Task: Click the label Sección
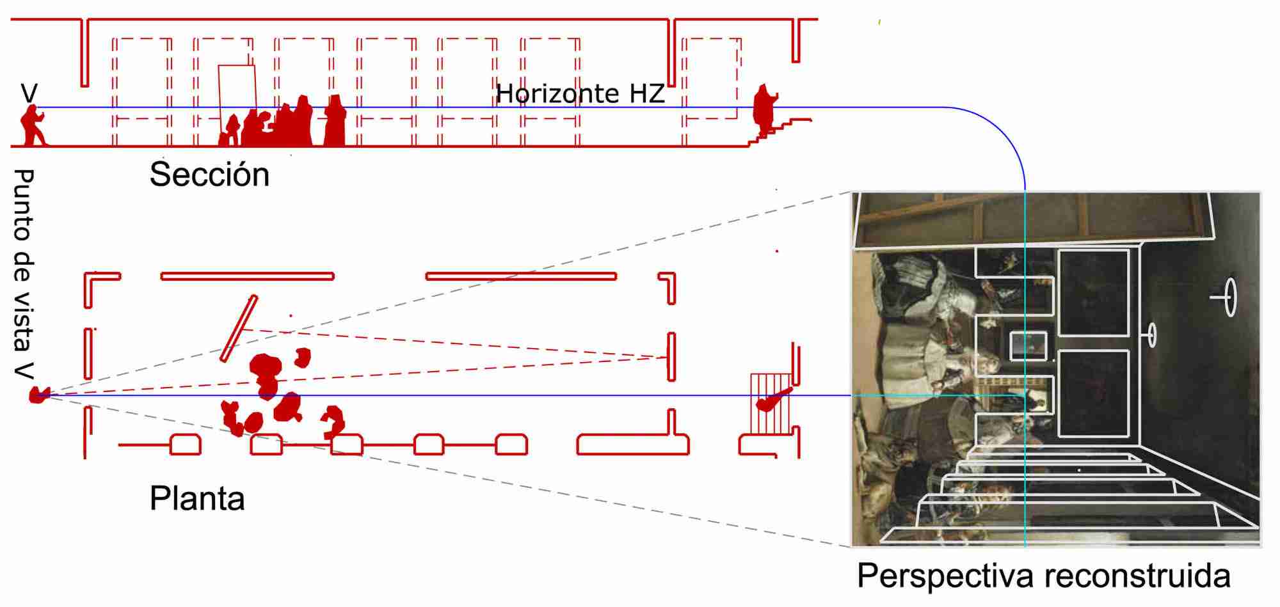[x=209, y=175]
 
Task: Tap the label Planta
[x=197, y=499]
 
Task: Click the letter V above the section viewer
[x=29, y=93]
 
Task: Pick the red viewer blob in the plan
[x=38, y=395]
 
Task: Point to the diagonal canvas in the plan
[x=239, y=328]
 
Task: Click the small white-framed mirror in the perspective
[x=1028, y=346]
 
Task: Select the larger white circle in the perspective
[x=1230, y=297]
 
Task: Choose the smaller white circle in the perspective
[x=1151, y=335]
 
